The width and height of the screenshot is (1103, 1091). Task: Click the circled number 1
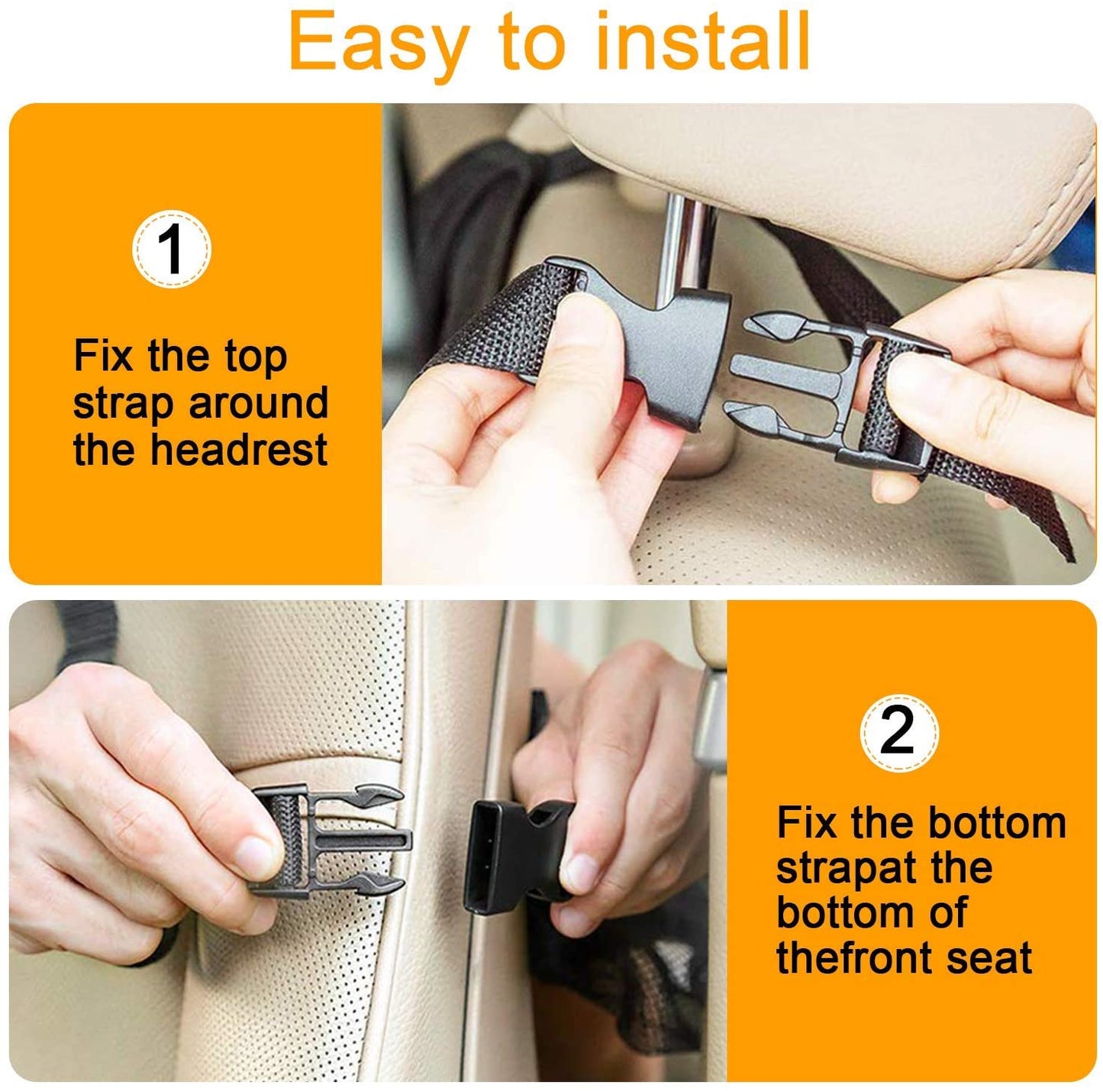(x=172, y=250)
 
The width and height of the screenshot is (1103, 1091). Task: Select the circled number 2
(x=898, y=731)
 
